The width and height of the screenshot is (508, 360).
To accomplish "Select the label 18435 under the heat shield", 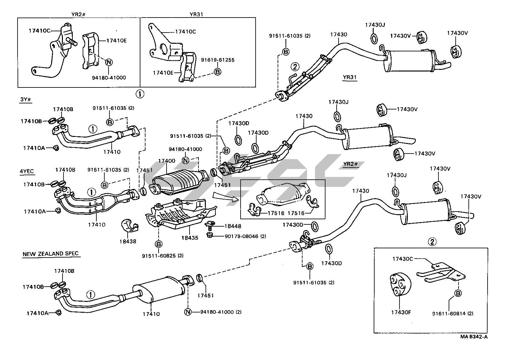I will tap(190, 238).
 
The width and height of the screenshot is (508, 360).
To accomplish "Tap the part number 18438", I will tap(128, 241).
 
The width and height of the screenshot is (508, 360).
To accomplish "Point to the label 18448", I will tap(233, 226).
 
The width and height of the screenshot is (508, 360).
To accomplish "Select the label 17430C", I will tap(402, 259).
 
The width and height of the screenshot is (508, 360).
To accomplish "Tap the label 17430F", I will tap(400, 312).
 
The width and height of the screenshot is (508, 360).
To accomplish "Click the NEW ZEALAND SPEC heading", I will tap(50, 254).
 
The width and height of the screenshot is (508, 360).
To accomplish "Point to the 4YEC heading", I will tap(26, 171).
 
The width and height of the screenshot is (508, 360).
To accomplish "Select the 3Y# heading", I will tap(26, 99).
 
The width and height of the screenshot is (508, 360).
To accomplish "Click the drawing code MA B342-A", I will tap(474, 336).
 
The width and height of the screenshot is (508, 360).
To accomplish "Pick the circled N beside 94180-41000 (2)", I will tap(188, 312).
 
